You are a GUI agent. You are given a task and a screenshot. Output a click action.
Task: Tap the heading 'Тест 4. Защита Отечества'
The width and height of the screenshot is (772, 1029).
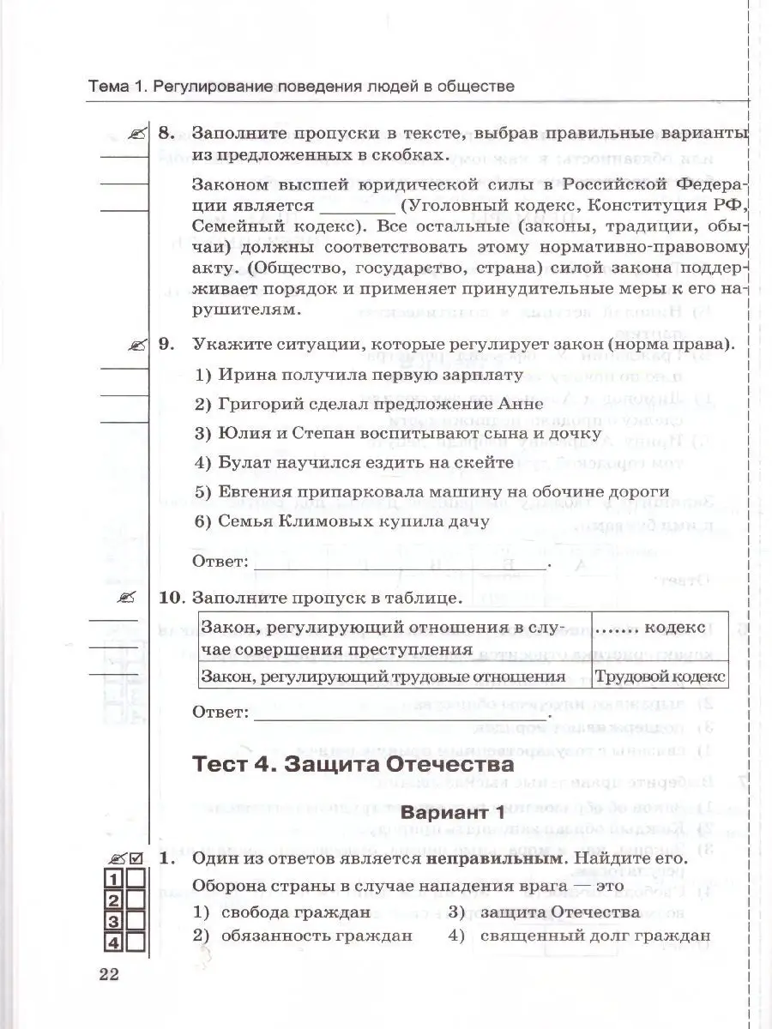point(353,763)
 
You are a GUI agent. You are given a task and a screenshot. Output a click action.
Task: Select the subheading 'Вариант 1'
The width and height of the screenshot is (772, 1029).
point(448,812)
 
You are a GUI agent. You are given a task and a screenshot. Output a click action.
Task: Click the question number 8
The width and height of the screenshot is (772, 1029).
point(166,134)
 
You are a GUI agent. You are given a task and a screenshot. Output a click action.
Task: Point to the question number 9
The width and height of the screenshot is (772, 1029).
point(166,344)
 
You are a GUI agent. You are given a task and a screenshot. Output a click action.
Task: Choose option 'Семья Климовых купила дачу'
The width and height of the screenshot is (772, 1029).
point(341,520)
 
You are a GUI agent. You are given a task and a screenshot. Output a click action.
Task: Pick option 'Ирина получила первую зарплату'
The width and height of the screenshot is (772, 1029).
point(359,375)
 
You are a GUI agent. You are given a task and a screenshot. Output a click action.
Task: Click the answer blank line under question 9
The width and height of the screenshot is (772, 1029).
point(401,565)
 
